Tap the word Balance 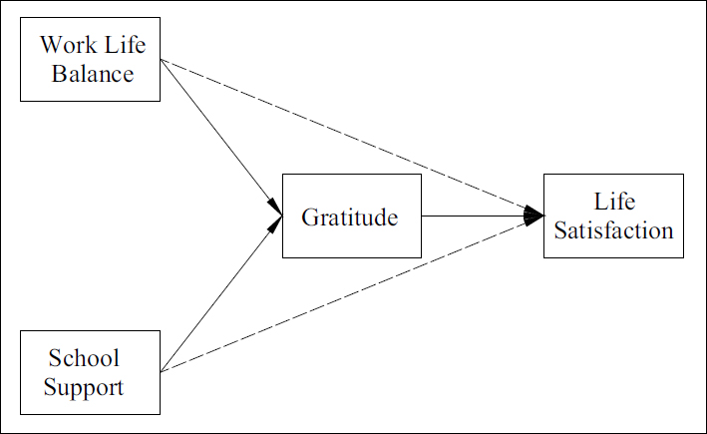[x=93, y=73]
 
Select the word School [x=83, y=358]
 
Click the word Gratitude [x=350, y=217]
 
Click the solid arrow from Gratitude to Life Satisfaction [x=474, y=216]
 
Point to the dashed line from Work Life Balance [x=349, y=136]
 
